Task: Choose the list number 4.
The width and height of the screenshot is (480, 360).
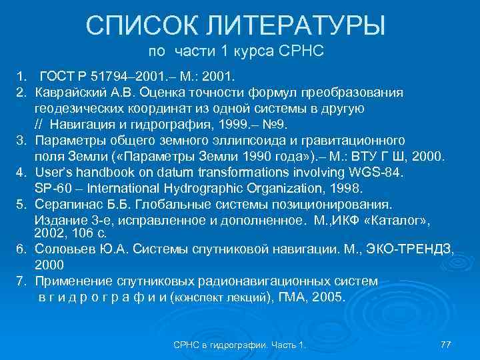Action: pyautogui.click(x=21, y=173)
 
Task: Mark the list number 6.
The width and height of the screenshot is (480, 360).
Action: pyautogui.click(x=21, y=249)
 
